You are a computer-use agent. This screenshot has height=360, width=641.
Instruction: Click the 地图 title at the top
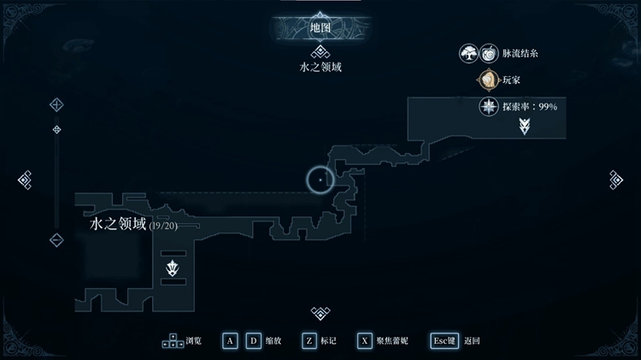(320, 28)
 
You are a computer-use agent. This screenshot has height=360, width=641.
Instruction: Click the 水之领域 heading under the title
(320, 67)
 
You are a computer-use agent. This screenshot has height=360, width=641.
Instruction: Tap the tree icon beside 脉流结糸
(468, 53)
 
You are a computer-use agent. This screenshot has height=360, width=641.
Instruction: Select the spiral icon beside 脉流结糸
(489, 53)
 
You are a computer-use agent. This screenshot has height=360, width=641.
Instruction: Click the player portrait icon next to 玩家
(488, 80)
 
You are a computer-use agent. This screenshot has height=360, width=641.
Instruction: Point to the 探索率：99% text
(530, 107)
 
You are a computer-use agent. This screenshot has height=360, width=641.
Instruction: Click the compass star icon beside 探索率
(489, 107)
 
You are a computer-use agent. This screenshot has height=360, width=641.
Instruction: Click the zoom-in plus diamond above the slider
(56, 104)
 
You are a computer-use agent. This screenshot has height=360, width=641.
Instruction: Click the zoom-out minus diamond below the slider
(56, 239)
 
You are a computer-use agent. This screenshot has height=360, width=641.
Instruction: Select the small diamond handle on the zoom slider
(56, 130)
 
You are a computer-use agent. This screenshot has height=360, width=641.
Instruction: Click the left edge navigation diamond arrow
(25, 180)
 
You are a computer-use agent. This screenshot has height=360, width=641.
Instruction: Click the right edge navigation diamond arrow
(616, 180)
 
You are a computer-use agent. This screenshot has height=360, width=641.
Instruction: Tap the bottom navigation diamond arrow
(320, 313)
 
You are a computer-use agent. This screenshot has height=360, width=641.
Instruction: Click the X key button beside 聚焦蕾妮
(364, 341)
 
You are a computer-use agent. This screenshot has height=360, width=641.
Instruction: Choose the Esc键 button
(444, 341)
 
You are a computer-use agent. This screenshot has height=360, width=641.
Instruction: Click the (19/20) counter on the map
(163, 226)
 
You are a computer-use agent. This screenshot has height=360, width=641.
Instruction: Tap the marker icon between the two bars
(173, 269)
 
